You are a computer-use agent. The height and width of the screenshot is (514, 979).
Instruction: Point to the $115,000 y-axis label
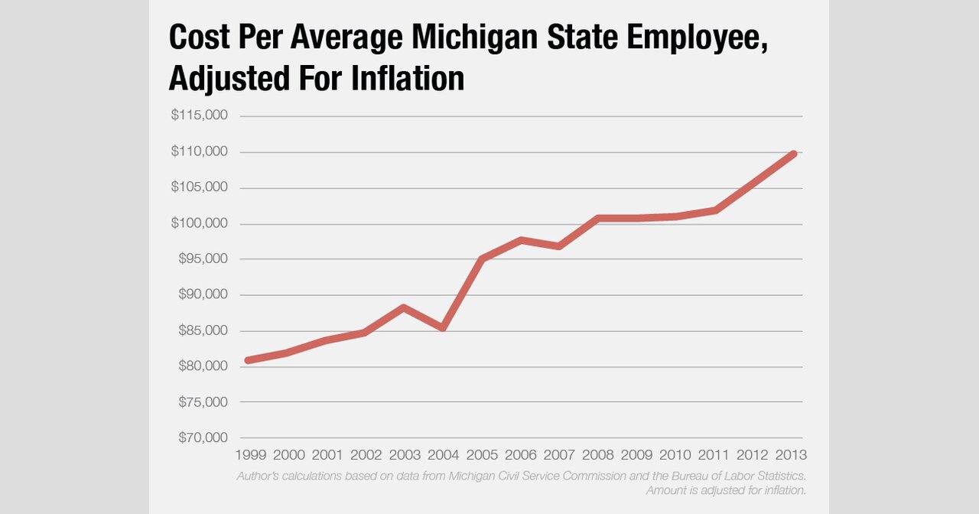pos(200,115)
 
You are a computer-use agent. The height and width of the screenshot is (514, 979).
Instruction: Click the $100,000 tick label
pos(200,223)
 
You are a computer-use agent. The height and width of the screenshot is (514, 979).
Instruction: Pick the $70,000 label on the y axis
pos(202,438)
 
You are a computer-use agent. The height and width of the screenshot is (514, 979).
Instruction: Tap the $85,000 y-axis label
pos(202,330)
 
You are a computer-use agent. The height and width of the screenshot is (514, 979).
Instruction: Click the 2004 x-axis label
pos(444,455)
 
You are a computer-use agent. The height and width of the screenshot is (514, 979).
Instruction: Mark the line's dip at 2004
pos(444,328)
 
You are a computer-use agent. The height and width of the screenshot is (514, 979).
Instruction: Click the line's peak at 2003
pos(404,307)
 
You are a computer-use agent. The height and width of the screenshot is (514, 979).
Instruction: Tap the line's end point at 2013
pos(794,154)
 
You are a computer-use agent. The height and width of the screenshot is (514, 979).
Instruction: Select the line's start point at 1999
pos(246,360)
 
